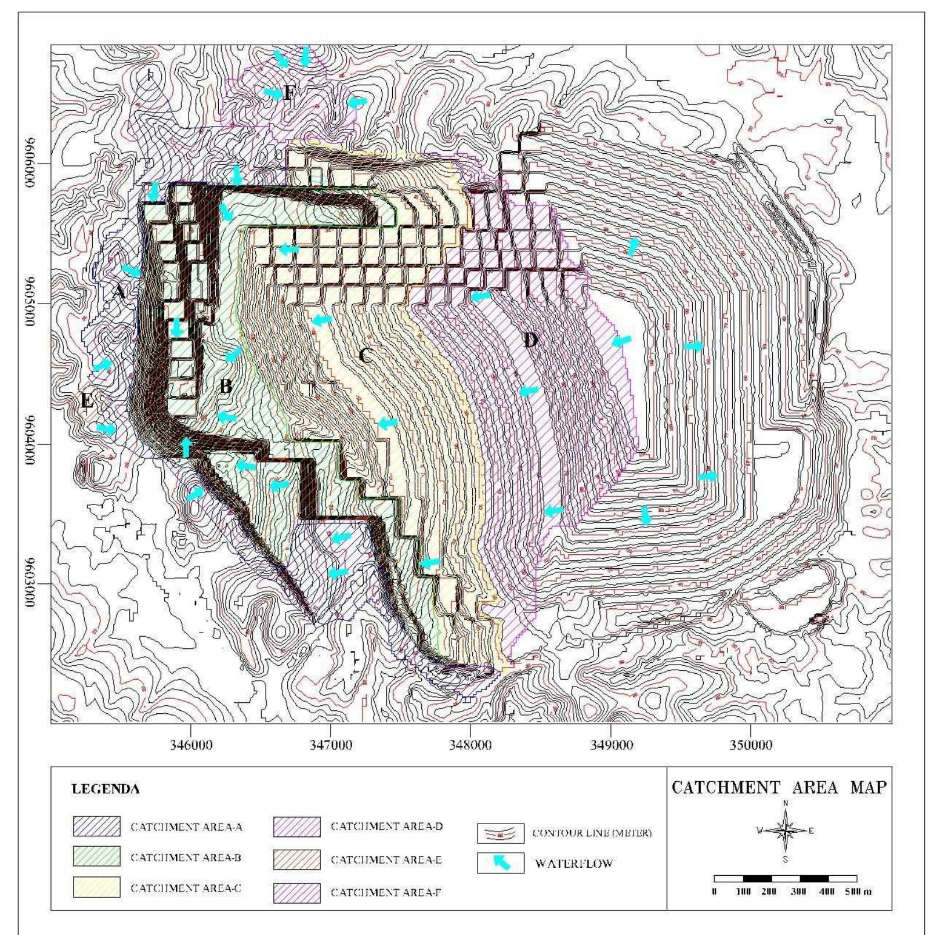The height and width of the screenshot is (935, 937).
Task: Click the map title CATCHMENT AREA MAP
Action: click(x=779, y=788)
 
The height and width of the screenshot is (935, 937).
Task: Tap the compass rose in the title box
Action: click(x=785, y=831)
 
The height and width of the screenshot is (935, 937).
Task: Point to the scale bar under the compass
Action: click(x=785, y=878)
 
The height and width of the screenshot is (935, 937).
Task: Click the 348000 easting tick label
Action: click(x=470, y=745)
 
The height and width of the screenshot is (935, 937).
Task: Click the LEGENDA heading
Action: click(x=105, y=789)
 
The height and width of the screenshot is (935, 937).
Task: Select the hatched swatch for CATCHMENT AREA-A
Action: click(x=97, y=826)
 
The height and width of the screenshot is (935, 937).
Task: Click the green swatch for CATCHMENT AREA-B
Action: click(x=97, y=857)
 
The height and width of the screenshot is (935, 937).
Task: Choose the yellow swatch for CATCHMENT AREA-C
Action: click(x=97, y=887)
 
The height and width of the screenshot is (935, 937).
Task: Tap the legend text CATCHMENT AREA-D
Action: click(x=386, y=826)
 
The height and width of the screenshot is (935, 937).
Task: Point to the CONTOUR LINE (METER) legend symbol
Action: click(x=501, y=833)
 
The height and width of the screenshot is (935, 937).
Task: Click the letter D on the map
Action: click(x=530, y=340)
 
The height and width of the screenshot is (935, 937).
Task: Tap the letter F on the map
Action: click(x=288, y=93)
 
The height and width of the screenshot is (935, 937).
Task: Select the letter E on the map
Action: click(x=87, y=400)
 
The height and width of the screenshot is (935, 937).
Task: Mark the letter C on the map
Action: click(x=364, y=355)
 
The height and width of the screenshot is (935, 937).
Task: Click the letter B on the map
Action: click(x=225, y=386)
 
